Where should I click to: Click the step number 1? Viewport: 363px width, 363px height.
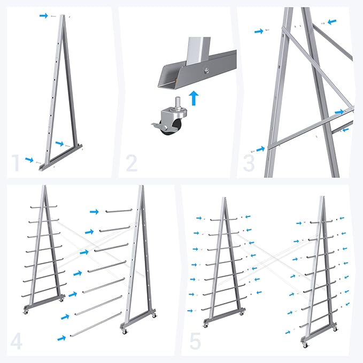(x=16, y=163)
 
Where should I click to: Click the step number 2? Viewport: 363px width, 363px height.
(x=132, y=164)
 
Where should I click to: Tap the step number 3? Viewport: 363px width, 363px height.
(x=249, y=163)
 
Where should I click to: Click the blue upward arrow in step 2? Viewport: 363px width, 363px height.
(x=194, y=98)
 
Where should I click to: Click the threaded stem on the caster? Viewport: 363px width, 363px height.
(x=179, y=103)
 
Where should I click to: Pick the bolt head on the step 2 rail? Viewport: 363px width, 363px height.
(x=205, y=71)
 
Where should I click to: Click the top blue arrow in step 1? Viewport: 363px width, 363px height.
(x=43, y=16)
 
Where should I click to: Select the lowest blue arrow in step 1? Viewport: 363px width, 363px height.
(x=29, y=160)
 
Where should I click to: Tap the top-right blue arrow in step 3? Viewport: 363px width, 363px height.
(x=332, y=22)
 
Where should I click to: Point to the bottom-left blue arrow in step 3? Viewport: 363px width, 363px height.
(x=260, y=149)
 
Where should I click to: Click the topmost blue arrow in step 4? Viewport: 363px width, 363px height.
(x=94, y=211)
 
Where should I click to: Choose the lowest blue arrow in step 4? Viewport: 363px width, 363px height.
(x=61, y=338)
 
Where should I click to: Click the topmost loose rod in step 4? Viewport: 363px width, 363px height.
(x=118, y=211)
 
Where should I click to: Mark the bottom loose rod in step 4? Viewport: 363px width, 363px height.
(x=96, y=324)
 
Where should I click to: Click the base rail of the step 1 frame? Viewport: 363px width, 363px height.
(x=61, y=158)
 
